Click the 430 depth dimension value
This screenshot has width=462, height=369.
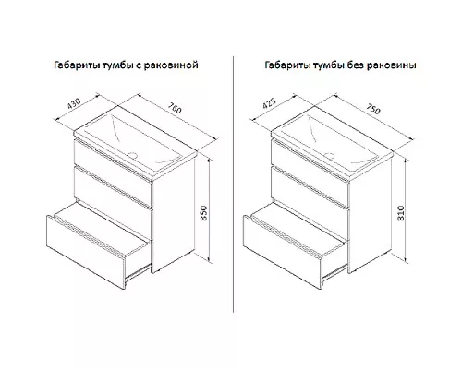pos(74,104)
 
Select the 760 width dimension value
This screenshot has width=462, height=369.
pos(175,108)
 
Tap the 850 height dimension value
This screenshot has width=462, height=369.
pos(204,213)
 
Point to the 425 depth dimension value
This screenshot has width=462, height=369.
pos(269,103)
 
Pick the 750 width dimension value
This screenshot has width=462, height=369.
pos(373,109)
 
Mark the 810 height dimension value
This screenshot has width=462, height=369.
pos(401,213)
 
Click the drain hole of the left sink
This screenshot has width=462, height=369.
pos(133,154)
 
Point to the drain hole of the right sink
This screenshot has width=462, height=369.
pos(330,155)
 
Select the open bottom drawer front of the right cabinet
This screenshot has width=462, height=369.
pos(283,252)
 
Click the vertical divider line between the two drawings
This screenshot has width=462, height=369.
pos(233,184)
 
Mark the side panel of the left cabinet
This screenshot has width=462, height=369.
pos(173,215)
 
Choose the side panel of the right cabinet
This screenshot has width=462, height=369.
pos(370,215)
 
